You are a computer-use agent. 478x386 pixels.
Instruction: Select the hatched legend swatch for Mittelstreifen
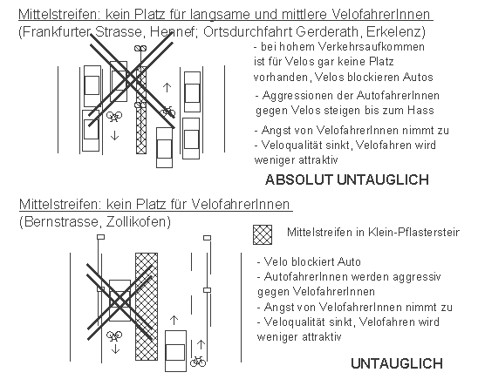[261, 233]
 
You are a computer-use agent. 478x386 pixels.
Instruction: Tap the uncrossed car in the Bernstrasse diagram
[174, 349]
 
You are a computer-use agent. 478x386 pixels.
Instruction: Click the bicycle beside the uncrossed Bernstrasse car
[198, 360]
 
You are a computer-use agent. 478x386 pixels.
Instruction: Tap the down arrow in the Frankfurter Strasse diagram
[113, 136]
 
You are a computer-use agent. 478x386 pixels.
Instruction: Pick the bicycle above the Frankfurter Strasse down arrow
[113, 114]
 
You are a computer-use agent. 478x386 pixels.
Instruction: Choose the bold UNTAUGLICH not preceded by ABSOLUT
[396, 363]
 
